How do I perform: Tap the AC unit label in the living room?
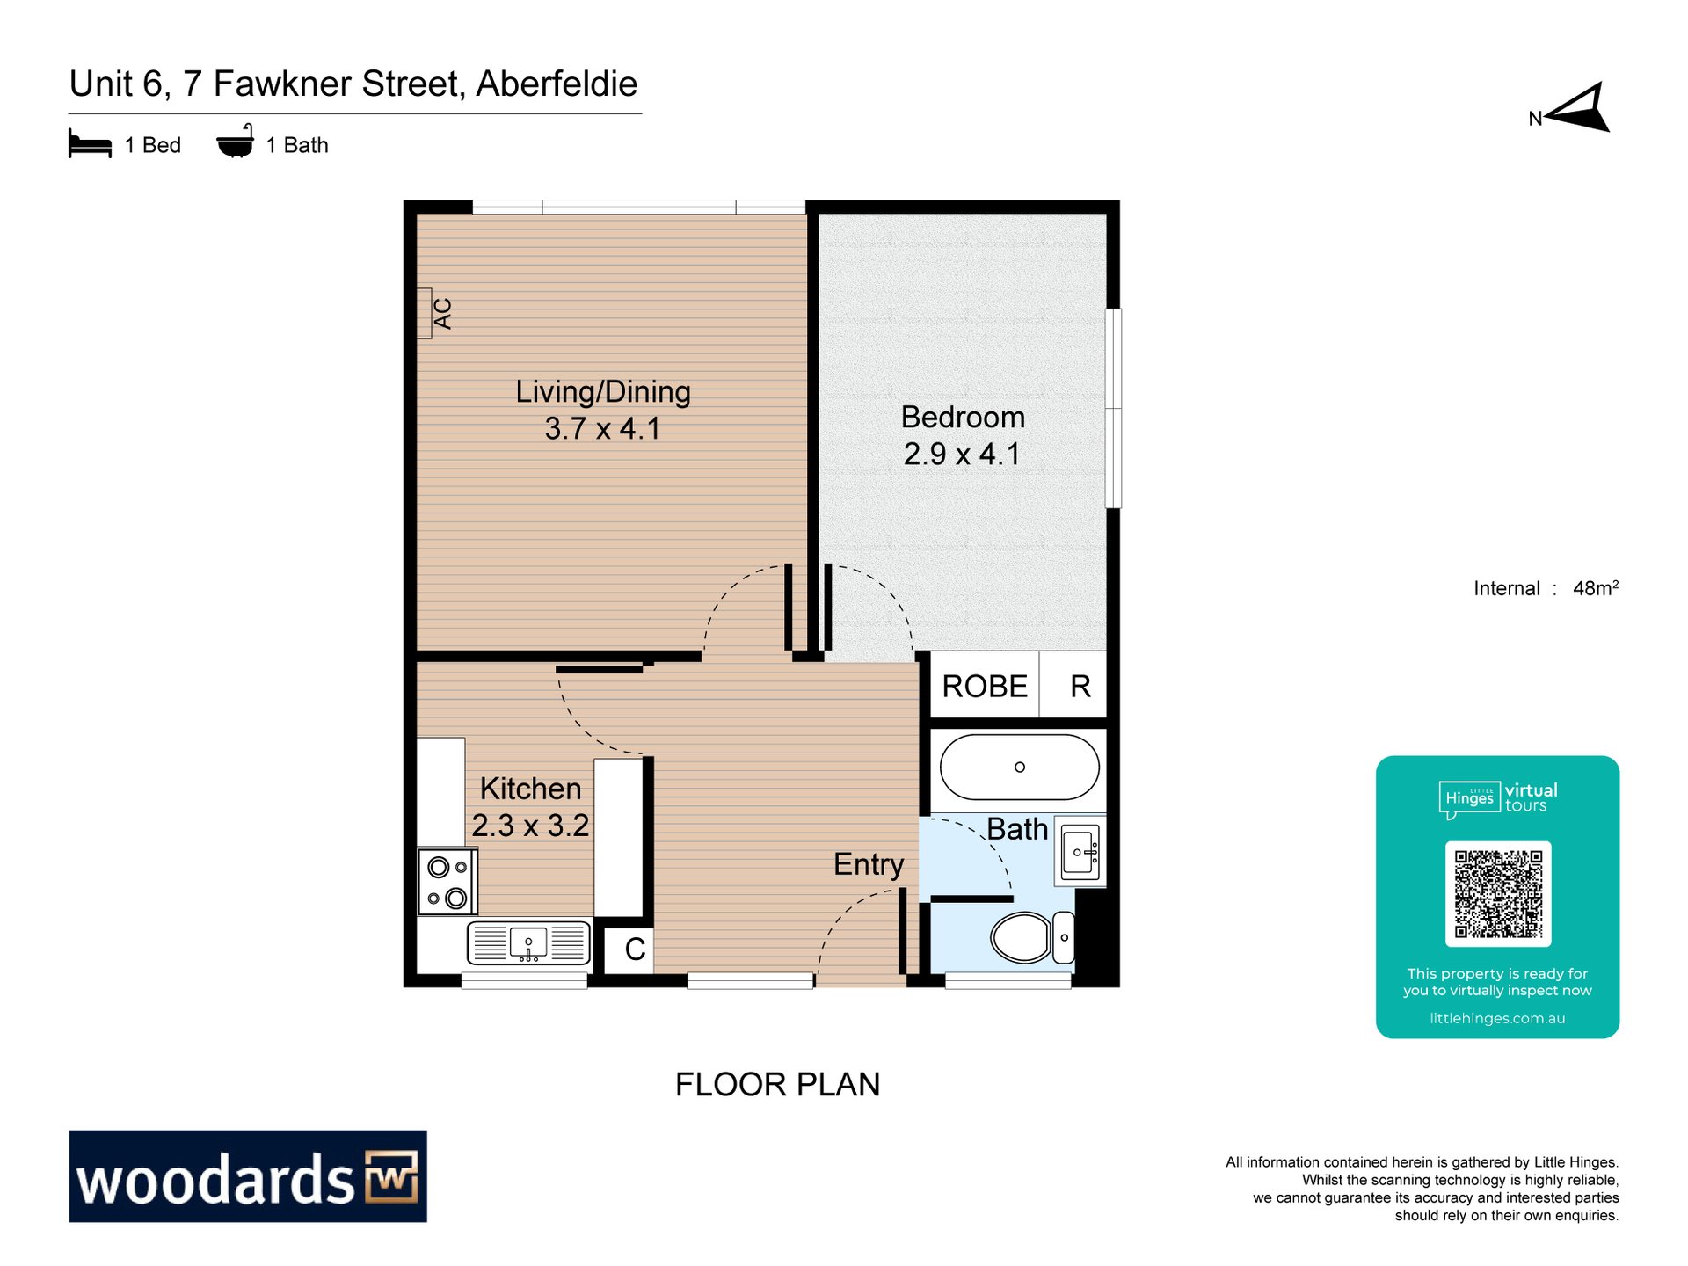pyautogui.click(x=442, y=313)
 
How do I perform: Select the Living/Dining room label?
pyautogui.click(x=603, y=391)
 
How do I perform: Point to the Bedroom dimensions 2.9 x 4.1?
pyautogui.click(x=962, y=454)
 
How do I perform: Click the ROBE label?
pyautogui.click(x=985, y=686)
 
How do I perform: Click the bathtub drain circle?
pyautogui.click(x=1020, y=767)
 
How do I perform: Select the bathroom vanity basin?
pyautogui.click(x=1080, y=852)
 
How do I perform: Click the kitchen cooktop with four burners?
pyautogui.click(x=447, y=882)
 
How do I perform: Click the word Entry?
pyautogui.click(x=869, y=864)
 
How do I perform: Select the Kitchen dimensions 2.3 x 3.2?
pyautogui.click(x=530, y=826)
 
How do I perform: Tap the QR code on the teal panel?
pyautogui.click(x=1498, y=893)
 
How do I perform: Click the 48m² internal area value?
pyautogui.click(x=1596, y=588)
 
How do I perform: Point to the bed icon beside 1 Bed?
pyautogui.click(x=90, y=144)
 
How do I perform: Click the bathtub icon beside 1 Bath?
pyautogui.click(x=236, y=142)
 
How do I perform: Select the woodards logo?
pyautogui.click(x=248, y=1176)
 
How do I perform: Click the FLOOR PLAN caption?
pyautogui.click(x=777, y=1084)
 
